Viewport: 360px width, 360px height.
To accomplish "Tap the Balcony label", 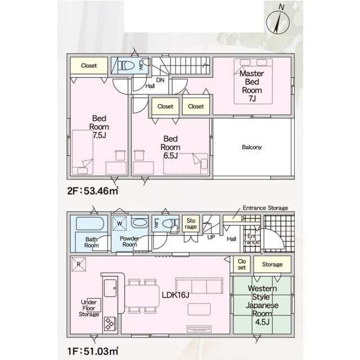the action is click(251, 147).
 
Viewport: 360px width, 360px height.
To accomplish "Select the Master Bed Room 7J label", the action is click(252, 86).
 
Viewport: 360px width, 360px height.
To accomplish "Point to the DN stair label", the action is click(160, 80).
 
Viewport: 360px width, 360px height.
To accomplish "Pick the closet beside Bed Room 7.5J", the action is click(89, 65).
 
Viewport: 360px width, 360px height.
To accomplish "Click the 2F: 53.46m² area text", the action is click(93, 191).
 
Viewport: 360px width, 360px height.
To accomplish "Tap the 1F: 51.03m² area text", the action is click(93, 351).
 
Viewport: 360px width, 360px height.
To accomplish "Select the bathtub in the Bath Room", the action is click(90, 223).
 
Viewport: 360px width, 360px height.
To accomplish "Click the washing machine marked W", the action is click(119, 223).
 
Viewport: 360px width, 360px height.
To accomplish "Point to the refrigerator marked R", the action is click(79, 264).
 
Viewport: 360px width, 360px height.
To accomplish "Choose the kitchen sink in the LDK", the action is click(110, 288).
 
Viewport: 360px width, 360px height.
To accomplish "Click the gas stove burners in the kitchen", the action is click(110, 324).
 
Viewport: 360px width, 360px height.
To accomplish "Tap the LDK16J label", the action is click(175, 295).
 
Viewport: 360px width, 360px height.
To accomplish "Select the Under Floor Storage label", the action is click(89, 308).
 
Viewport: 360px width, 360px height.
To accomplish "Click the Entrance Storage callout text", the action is click(265, 208).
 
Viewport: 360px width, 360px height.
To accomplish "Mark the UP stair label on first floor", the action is click(211, 237).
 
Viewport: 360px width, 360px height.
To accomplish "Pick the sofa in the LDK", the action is click(199, 286).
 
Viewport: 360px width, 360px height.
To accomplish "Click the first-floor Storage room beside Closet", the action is click(272, 264).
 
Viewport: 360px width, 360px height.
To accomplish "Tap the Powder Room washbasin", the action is click(139, 223).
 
